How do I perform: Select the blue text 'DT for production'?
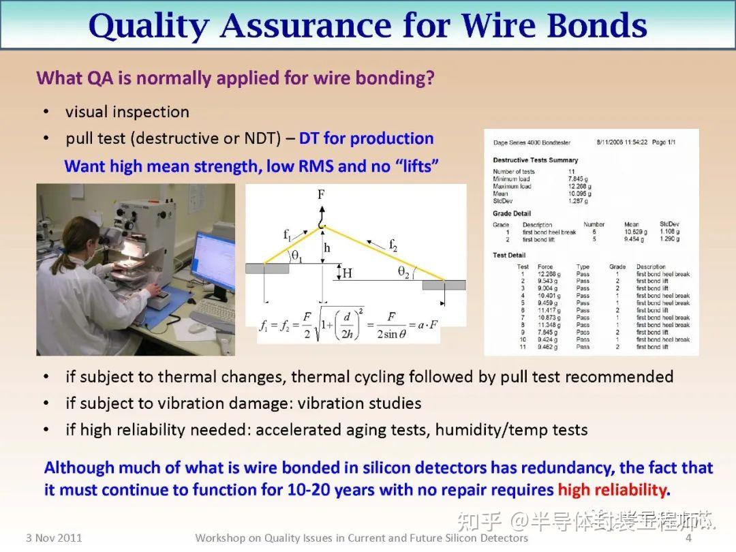(x=366, y=138)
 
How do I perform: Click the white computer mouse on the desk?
(x=198, y=328)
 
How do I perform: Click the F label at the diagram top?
(x=321, y=195)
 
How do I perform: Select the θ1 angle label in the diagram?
(x=296, y=256)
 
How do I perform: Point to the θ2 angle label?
(x=403, y=272)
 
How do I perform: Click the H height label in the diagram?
(x=347, y=273)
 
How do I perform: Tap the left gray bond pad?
(x=267, y=269)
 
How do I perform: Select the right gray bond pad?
(x=444, y=285)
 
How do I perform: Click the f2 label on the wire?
(x=393, y=243)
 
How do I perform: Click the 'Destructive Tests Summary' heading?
(x=535, y=160)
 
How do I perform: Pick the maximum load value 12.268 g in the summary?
(x=578, y=186)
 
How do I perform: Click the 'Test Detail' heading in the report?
(x=510, y=256)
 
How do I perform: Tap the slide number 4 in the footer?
(x=688, y=538)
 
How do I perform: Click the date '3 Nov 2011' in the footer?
(x=54, y=538)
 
